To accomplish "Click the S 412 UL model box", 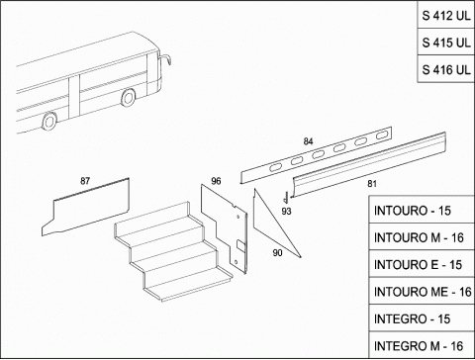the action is [446, 15].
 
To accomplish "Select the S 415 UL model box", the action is [446, 43].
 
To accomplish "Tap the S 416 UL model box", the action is [446, 69].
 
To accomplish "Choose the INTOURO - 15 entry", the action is [422, 210].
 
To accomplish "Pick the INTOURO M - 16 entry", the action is [422, 237].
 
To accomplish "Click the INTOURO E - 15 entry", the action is [422, 264].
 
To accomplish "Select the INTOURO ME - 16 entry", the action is [422, 292].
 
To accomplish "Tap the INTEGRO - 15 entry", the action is [422, 318].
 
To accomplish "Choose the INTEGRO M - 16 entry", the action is [422, 345].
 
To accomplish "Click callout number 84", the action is [308, 141].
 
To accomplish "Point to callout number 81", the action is [372, 184].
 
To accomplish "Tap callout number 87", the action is [85, 181].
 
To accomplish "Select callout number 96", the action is [216, 181].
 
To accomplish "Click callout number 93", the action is [286, 211].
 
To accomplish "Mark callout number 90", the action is [277, 253].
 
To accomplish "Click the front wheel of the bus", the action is [128, 97].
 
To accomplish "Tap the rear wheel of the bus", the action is [49, 121].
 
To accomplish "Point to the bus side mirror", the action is [166, 59].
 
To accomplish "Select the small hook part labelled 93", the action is [286, 198].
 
